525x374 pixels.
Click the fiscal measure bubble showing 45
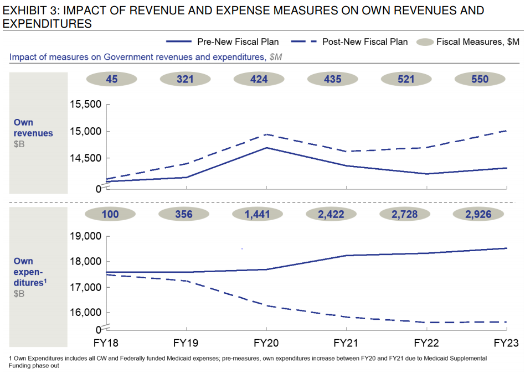111,79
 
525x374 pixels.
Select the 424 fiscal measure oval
259,79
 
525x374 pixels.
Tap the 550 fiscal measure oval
480,79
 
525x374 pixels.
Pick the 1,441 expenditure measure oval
259,214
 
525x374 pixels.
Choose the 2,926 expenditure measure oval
480,214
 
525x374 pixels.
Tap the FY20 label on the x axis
267,343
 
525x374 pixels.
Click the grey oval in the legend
425,41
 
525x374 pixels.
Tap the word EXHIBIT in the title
25,11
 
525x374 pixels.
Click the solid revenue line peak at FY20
267,148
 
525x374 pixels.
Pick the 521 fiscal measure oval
406,79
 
